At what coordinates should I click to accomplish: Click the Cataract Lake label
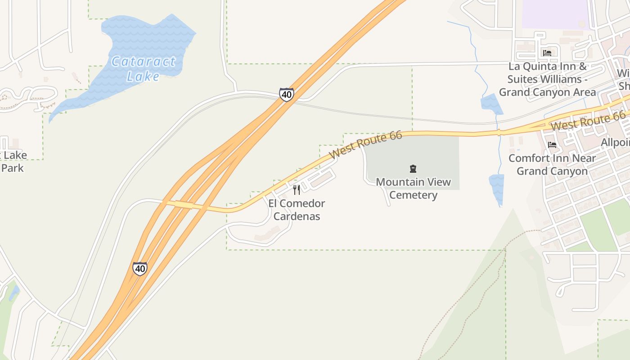click(x=143, y=68)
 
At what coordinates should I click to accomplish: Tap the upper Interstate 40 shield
click(x=286, y=94)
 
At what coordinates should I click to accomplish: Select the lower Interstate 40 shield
click(x=140, y=269)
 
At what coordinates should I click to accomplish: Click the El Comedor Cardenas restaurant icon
click(x=296, y=190)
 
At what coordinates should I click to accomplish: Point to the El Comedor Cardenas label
click(x=297, y=210)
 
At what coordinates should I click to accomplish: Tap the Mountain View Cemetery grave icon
click(x=413, y=169)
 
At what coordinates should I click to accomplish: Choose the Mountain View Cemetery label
click(x=413, y=189)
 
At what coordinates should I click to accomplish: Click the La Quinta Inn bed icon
click(x=547, y=53)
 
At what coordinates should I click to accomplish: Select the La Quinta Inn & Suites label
click(x=547, y=79)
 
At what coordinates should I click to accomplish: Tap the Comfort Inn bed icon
click(x=552, y=145)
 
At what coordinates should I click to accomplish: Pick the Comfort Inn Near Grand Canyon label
click(x=552, y=165)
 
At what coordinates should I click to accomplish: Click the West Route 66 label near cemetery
click(x=365, y=144)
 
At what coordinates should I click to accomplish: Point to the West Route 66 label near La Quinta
click(x=588, y=121)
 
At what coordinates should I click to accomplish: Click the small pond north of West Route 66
click(x=491, y=104)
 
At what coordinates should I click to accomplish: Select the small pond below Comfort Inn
click(x=497, y=188)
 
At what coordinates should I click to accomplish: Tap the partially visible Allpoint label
click(x=615, y=143)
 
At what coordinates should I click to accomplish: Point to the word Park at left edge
click(x=12, y=168)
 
